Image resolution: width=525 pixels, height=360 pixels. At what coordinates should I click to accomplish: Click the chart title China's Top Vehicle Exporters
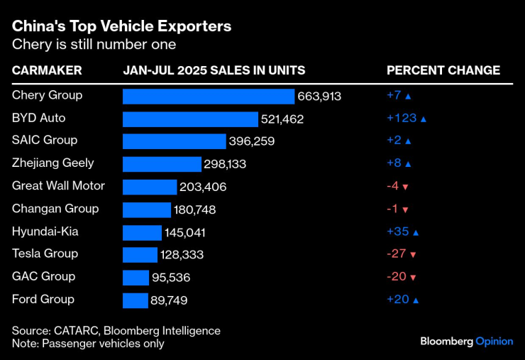[x=121, y=26]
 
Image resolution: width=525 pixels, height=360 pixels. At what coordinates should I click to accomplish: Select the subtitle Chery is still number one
[x=94, y=45]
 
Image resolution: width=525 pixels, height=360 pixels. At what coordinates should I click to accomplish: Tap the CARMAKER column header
[x=47, y=70]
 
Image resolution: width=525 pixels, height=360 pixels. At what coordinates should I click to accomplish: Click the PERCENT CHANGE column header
[x=443, y=70]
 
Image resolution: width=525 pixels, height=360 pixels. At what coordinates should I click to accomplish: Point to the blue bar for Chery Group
[x=208, y=96]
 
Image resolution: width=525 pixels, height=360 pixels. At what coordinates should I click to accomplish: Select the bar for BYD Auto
[x=190, y=119]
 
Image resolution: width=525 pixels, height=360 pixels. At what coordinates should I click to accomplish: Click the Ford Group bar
[x=135, y=300]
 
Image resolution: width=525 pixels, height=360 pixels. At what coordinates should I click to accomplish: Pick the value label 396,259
[x=251, y=141]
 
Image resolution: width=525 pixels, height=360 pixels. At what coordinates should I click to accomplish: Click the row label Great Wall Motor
[x=58, y=186]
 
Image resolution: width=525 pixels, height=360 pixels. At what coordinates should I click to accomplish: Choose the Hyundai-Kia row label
[x=45, y=231]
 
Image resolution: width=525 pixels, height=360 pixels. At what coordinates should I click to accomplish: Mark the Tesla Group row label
[x=45, y=253]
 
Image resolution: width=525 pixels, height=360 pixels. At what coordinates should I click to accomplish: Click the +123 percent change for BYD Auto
[x=402, y=119]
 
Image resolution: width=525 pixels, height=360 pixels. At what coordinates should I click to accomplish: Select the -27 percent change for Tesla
[x=395, y=254]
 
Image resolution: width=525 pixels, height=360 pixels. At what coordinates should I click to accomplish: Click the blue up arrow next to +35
[x=416, y=232]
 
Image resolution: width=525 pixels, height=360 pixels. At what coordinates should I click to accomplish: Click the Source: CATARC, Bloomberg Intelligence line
[x=116, y=331]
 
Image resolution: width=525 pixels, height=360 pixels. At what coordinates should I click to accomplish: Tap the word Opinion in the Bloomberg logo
[x=494, y=342]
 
